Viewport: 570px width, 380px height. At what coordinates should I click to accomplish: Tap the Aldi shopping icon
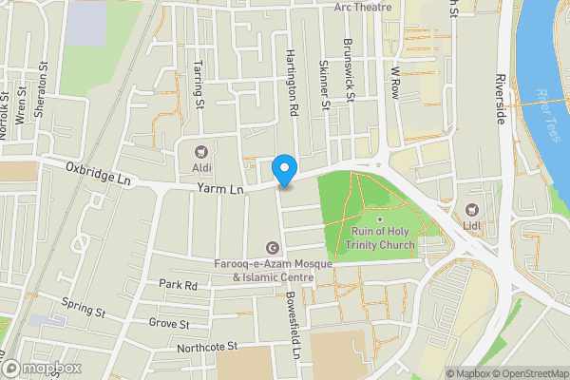click(x=200, y=152)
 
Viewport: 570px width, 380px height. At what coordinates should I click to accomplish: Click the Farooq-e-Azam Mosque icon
click(x=274, y=248)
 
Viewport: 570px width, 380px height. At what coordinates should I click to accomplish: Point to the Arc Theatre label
click(x=363, y=7)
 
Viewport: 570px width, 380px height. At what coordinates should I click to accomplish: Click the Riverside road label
click(x=500, y=99)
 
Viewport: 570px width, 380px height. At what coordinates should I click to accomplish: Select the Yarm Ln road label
click(x=220, y=190)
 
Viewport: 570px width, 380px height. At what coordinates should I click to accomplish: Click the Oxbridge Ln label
click(x=98, y=173)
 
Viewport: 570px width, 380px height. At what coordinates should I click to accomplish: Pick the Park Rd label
click(x=178, y=284)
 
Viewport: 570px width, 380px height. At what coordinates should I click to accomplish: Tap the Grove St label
click(x=170, y=323)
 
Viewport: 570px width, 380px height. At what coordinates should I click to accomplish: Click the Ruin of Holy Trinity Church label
click(x=383, y=238)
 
